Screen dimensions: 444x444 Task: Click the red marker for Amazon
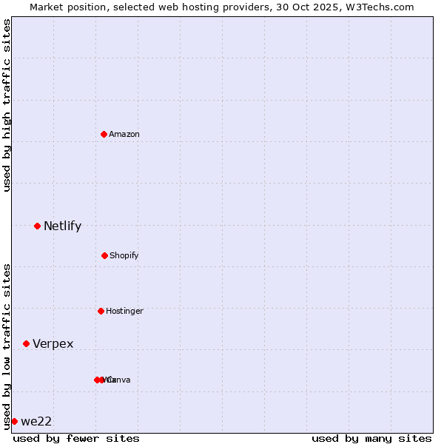coord(104,134)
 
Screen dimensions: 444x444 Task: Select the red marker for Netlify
coord(37,226)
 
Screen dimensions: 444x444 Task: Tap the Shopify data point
coord(104,255)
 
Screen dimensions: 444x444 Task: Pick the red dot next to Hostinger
coord(101,311)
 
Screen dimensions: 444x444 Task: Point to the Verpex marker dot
coord(26,343)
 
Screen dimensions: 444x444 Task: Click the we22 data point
coord(14,421)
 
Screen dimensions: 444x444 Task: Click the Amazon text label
coord(124,134)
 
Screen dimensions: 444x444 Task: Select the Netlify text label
coord(62,226)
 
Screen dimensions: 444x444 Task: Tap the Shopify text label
coord(124,255)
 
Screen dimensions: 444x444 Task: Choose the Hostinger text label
coord(124,311)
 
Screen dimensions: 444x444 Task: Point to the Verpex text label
coord(53,343)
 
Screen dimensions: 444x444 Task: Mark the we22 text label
coord(36,421)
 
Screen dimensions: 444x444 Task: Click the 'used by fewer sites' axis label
coord(76,438)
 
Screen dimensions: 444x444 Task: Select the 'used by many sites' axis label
coord(371,438)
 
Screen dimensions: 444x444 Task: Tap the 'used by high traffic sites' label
coord(7,105)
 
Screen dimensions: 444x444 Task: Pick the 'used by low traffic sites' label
coord(7,346)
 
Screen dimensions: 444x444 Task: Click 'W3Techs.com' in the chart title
coord(382,7)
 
